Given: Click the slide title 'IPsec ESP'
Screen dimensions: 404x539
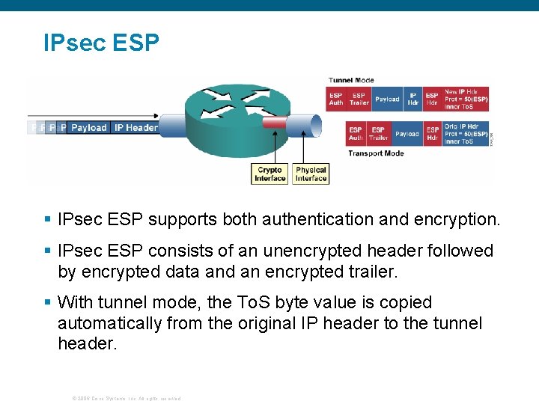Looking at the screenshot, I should [x=101, y=43].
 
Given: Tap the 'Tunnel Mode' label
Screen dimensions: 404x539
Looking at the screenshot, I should [x=351, y=80].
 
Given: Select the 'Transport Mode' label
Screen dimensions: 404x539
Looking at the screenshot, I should [x=375, y=153].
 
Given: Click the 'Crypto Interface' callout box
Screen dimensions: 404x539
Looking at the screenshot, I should [x=270, y=174].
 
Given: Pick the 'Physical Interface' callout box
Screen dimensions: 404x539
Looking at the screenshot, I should [x=311, y=174].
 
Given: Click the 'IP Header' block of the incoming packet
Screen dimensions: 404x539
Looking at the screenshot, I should [x=135, y=128].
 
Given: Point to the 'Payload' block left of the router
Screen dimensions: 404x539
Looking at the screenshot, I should [x=89, y=128].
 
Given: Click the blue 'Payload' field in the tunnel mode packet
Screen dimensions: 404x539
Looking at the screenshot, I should [x=387, y=100].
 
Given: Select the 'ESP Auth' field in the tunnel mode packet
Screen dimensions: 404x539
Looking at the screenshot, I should [x=336, y=100].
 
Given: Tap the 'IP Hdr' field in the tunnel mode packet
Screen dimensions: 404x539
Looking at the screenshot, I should [x=413, y=100].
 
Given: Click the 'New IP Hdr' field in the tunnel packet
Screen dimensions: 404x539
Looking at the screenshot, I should [x=466, y=100].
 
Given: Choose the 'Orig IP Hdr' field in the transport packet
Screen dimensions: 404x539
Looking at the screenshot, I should [x=466, y=134].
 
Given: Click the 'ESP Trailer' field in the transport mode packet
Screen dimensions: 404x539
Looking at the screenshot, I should [x=379, y=134].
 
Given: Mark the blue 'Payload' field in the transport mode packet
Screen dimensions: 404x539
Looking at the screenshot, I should [x=407, y=134].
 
